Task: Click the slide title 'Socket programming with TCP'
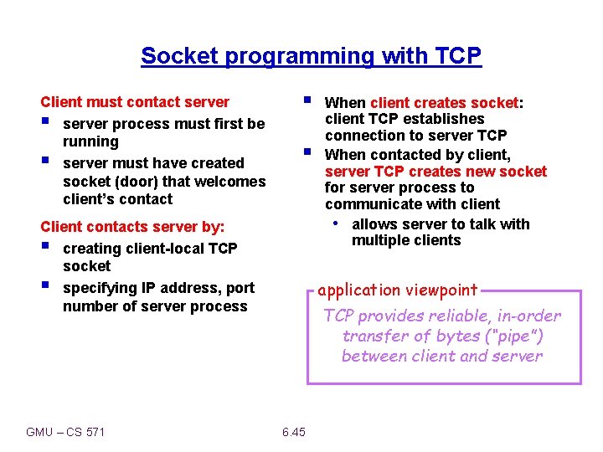point(311,56)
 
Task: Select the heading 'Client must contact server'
point(135,102)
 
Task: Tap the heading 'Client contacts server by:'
point(132,227)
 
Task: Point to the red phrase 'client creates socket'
point(444,103)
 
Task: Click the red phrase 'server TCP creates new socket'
point(435,172)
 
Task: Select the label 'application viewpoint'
point(398,290)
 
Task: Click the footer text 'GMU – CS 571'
point(65,432)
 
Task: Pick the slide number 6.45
point(294,432)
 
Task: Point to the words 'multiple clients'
point(406,241)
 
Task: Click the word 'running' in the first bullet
point(90,142)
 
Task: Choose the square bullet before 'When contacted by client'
point(307,152)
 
